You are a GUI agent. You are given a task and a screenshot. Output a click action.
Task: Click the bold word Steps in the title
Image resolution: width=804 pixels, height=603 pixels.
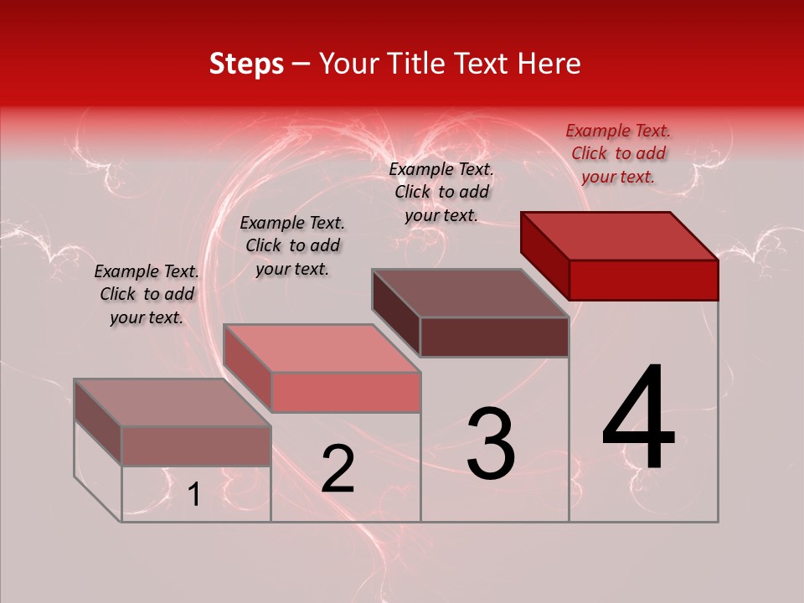point(246,64)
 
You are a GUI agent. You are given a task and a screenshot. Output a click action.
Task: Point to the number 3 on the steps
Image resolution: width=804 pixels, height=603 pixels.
point(490,443)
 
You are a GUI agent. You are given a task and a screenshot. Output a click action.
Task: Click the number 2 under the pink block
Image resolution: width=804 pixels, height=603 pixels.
point(338,469)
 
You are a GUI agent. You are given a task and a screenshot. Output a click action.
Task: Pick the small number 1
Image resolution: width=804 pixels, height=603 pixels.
point(193,495)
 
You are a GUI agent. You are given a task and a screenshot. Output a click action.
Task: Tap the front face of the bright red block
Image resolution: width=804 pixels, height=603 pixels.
point(643,280)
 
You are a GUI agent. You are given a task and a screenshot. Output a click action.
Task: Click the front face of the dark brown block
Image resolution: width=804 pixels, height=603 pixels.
point(494,337)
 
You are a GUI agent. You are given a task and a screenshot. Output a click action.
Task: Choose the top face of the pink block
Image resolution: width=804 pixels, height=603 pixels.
point(322,348)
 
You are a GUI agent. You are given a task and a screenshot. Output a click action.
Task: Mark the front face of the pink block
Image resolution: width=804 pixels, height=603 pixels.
point(345,392)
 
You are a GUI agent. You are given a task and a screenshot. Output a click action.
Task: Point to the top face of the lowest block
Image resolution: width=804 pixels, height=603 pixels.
point(173,402)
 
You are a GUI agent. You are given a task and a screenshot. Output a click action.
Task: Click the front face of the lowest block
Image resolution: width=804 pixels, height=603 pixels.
point(196,446)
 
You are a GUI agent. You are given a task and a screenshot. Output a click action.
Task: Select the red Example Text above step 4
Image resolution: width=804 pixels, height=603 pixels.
point(618,153)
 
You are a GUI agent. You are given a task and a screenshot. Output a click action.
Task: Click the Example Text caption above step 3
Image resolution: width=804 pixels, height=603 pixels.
point(442,191)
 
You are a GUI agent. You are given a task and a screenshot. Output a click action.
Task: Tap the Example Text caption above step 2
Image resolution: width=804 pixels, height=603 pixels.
point(292,245)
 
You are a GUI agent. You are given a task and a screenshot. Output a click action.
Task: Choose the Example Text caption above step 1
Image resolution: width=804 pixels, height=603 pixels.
point(147,294)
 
